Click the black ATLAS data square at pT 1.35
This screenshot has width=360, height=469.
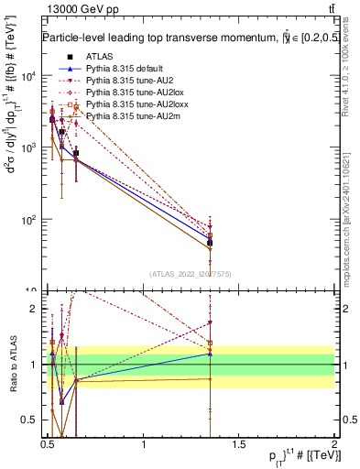[x=210, y=242]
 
